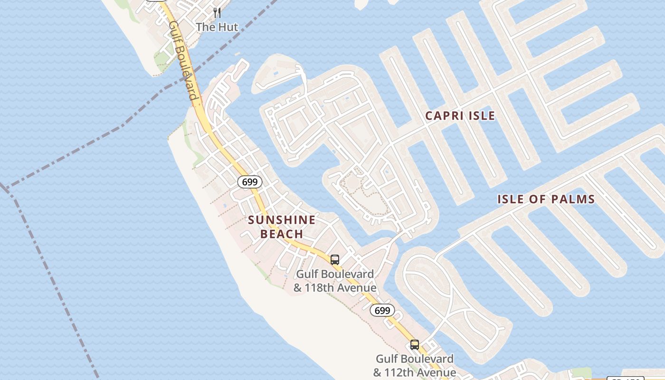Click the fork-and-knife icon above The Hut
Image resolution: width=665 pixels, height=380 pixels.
click(217, 12)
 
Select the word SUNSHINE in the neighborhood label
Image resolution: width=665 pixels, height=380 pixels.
click(282, 220)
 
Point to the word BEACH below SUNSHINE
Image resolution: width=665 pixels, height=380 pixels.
click(282, 234)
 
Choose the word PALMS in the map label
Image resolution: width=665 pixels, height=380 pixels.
click(572, 199)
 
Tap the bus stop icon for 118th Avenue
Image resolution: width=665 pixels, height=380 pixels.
click(335, 260)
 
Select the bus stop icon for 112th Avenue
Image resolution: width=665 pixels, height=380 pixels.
click(415, 345)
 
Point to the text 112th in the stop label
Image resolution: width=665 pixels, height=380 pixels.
click(401, 373)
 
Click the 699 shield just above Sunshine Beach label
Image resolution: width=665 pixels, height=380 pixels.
click(250, 181)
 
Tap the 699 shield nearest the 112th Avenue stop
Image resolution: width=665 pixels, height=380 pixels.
click(382, 311)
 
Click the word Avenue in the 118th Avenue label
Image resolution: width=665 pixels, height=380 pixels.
click(357, 288)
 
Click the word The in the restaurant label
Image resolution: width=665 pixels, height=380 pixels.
click(205, 27)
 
